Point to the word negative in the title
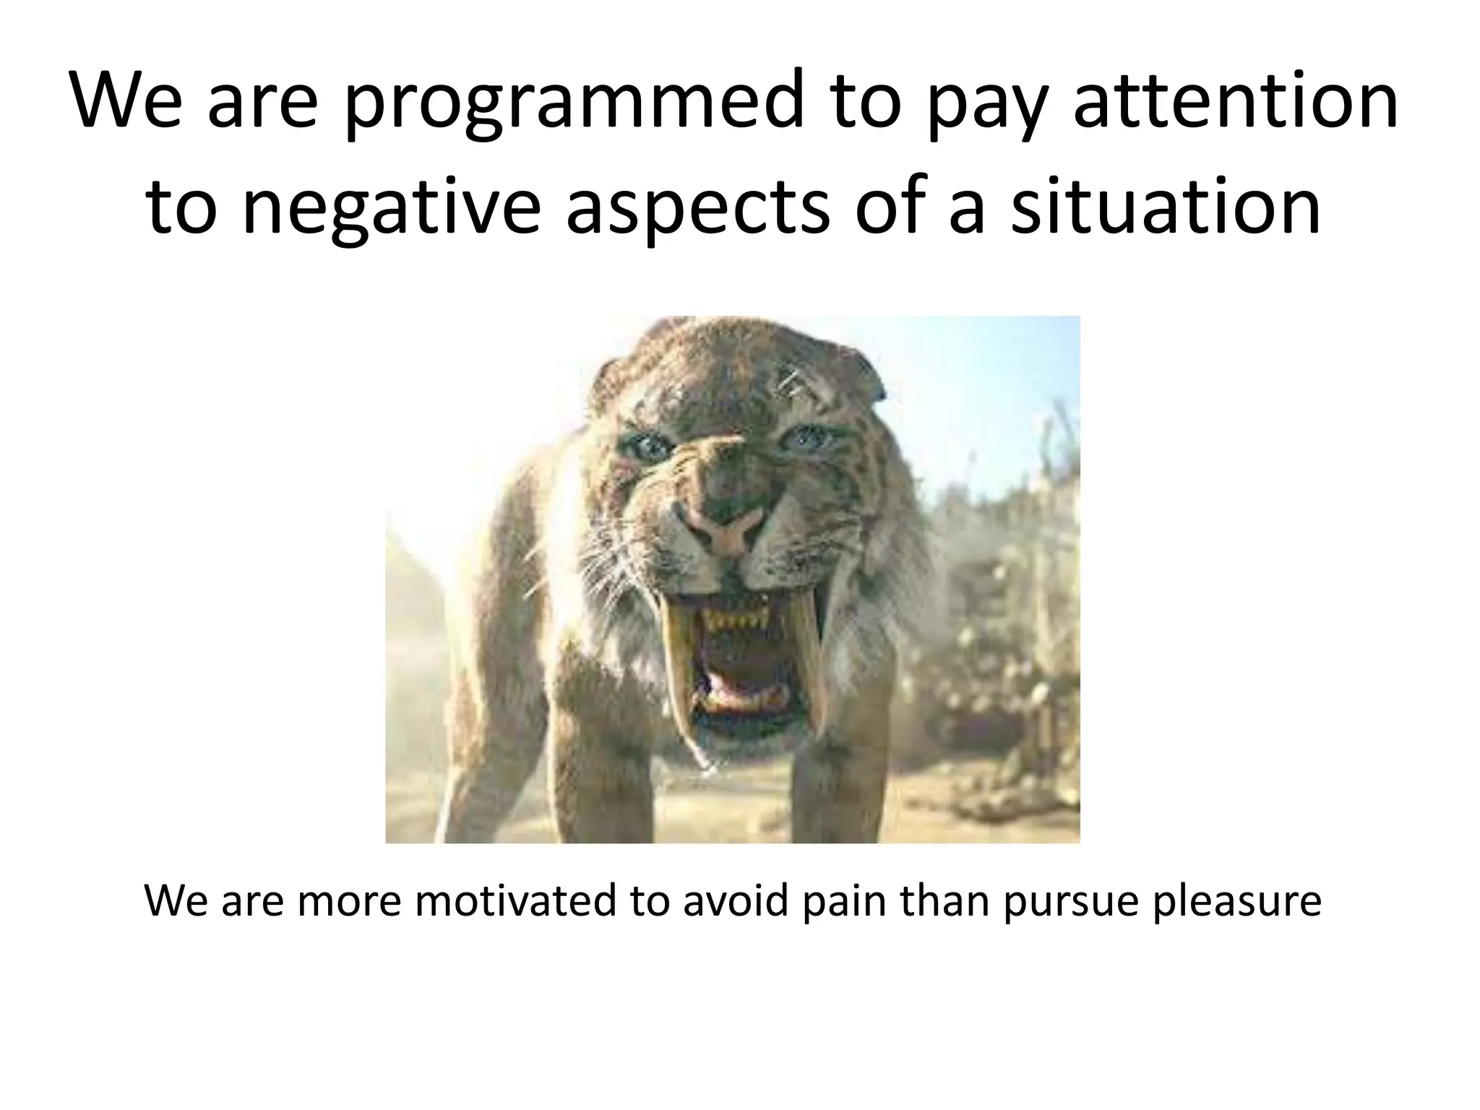[390, 210]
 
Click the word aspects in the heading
[697, 210]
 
